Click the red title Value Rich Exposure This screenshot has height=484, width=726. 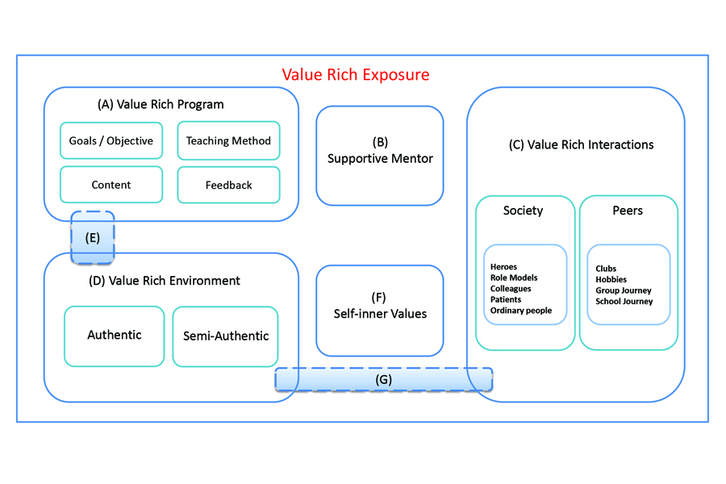click(x=356, y=74)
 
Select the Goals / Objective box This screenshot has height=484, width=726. click(x=111, y=140)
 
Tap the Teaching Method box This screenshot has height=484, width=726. click(x=228, y=140)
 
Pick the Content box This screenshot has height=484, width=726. click(x=111, y=185)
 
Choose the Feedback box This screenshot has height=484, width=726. click(x=228, y=185)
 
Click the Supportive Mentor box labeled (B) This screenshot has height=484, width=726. click(x=380, y=156)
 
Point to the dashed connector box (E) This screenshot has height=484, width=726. click(x=93, y=238)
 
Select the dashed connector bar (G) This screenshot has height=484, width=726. click(x=383, y=380)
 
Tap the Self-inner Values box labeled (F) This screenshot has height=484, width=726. click(x=380, y=311)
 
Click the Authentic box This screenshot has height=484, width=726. click(x=115, y=336)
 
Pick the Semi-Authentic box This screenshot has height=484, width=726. click(x=226, y=336)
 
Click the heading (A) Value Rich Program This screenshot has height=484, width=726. click(x=161, y=105)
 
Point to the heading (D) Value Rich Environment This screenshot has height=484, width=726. click(x=165, y=281)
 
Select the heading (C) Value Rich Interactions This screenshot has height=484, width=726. click(x=581, y=145)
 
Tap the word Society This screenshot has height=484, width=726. click(x=523, y=211)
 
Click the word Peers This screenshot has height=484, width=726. click(x=628, y=211)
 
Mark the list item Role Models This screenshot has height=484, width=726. click(x=514, y=277)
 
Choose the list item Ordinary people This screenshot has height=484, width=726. click(x=521, y=311)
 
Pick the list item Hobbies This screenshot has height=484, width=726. click(x=611, y=279)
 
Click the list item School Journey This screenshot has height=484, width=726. click(x=624, y=302)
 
